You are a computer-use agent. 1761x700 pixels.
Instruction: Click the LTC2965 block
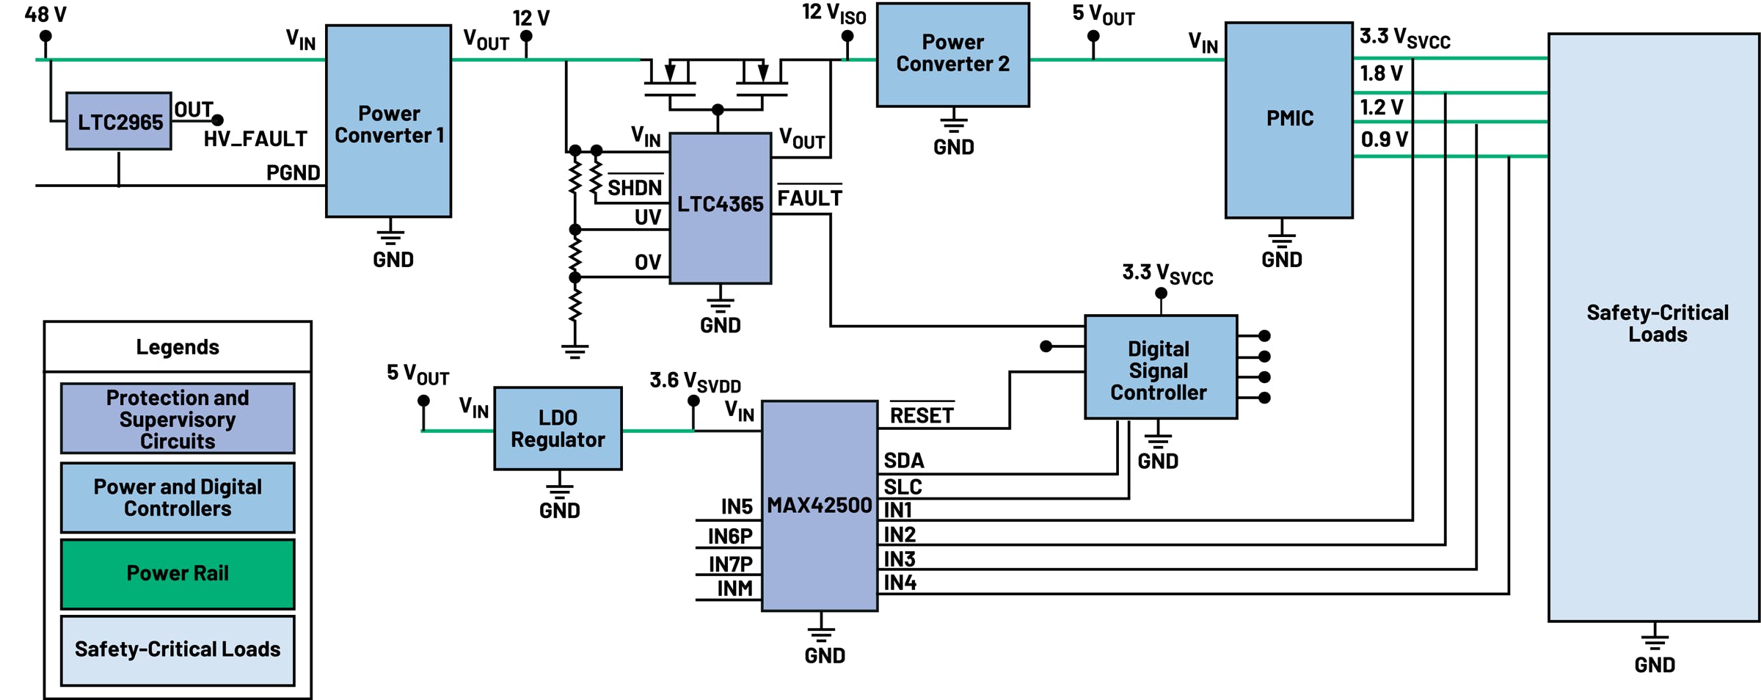(x=119, y=122)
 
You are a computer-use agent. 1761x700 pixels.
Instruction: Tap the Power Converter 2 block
(x=952, y=54)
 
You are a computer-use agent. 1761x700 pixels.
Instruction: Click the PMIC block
(x=1288, y=119)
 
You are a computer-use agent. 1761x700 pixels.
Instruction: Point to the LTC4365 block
(x=720, y=205)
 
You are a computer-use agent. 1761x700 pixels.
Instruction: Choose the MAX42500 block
(x=819, y=506)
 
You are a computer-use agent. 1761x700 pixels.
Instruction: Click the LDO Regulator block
(x=558, y=429)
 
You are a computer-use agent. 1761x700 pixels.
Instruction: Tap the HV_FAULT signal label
(x=255, y=139)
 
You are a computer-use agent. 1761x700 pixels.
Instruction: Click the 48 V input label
(x=45, y=15)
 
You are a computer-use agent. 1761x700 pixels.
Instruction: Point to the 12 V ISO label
(x=834, y=13)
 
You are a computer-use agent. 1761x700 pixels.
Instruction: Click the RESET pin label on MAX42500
(x=922, y=416)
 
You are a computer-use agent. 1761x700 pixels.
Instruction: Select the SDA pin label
(x=904, y=461)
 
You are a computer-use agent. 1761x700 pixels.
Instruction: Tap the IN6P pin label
(x=730, y=537)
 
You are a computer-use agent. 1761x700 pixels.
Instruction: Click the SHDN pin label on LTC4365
(x=635, y=188)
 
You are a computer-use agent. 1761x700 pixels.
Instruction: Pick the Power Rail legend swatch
(x=178, y=574)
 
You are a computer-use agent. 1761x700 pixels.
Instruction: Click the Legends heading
(x=178, y=347)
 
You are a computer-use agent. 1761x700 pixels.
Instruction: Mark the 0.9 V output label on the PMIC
(x=1384, y=139)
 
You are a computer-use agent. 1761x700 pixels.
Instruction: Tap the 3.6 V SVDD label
(x=694, y=382)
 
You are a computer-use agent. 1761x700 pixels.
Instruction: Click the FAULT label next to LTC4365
(x=809, y=198)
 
